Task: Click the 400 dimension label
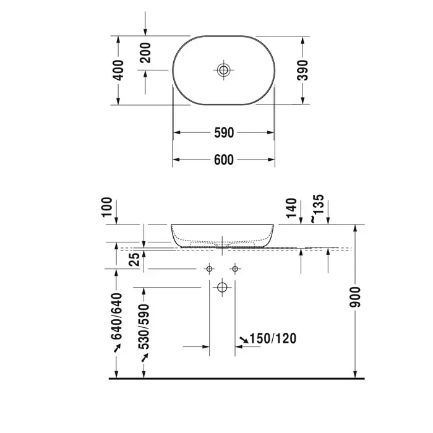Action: tap(119, 70)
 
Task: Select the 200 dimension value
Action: tap(145, 53)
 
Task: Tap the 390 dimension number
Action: tap(302, 70)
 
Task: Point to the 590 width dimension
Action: tap(224, 133)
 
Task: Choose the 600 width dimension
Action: tap(224, 160)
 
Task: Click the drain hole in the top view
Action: tap(223, 70)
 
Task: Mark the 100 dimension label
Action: tap(107, 207)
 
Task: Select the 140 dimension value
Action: tap(291, 208)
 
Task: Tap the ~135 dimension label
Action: tap(317, 208)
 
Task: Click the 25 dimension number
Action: tap(135, 260)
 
